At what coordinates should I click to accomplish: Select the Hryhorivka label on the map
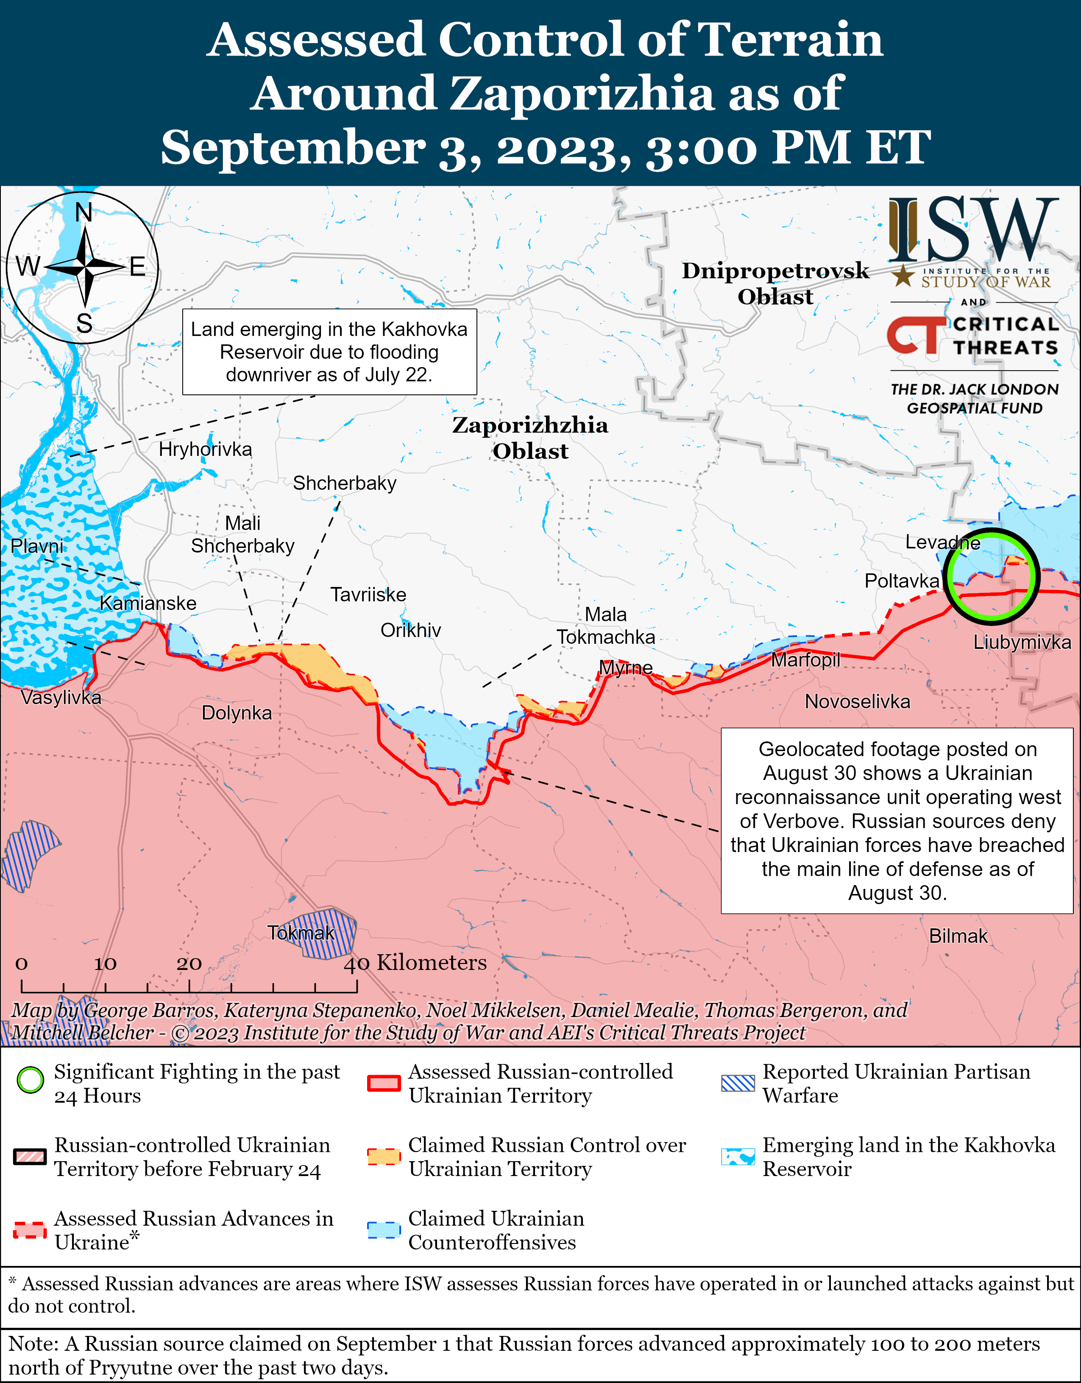pyautogui.click(x=205, y=450)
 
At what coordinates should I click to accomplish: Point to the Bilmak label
pyautogui.click(x=958, y=936)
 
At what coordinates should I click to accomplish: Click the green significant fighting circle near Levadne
pyautogui.click(x=991, y=575)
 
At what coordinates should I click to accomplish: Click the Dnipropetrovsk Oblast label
pyautogui.click(x=775, y=283)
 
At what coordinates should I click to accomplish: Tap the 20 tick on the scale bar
pyautogui.click(x=189, y=964)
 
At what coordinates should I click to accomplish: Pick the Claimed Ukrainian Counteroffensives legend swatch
pyautogui.click(x=384, y=1230)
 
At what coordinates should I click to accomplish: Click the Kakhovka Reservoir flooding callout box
pyautogui.click(x=329, y=352)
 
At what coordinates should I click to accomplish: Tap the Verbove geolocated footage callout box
pyautogui.click(x=897, y=821)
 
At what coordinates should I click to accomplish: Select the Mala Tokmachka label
pyautogui.click(x=606, y=626)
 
